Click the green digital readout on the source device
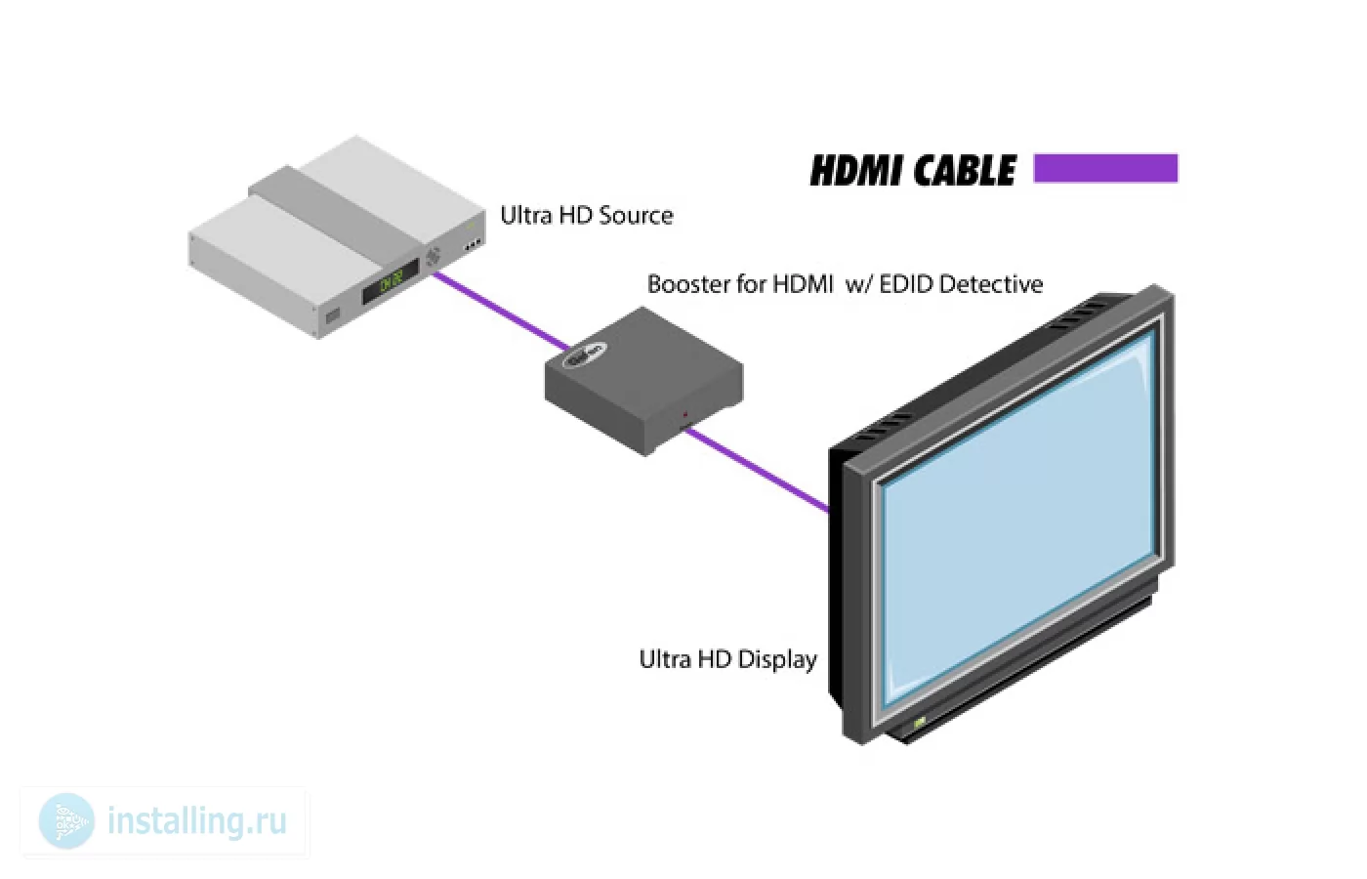click(x=392, y=282)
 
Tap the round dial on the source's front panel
click(x=434, y=256)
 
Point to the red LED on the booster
click(x=684, y=414)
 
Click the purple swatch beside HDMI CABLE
click(x=1105, y=168)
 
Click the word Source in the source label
click(x=636, y=216)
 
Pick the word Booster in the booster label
click(x=688, y=284)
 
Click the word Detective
click(x=990, y=284)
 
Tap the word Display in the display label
click(x=777, y=660)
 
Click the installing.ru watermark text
click(x=196, y=821)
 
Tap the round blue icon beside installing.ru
click(x=66, y=821)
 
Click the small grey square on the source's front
click(x=333, y=316)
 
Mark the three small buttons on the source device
click(x=473, y=245)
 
